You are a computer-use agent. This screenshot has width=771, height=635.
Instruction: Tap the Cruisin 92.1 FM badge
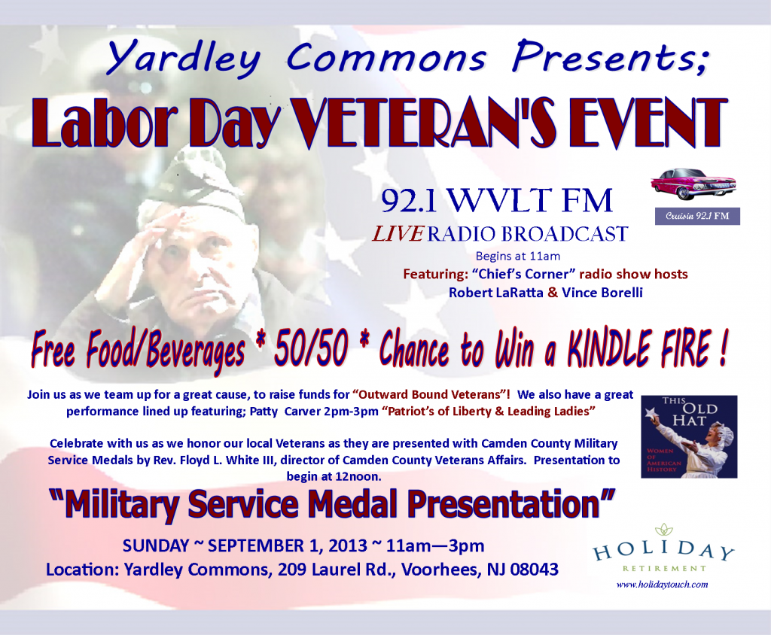pyautogui.click(x=696, y=217)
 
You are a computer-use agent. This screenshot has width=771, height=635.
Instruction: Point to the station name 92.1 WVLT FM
pyautogui.click(x=497, y=202)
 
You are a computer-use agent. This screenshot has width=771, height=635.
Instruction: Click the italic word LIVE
pyautogui.click(x=398, y=234)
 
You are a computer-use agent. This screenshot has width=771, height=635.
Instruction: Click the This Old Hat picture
pyautogui.click(x=689, y=436)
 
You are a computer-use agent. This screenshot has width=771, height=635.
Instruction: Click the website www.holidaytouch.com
pyautogui.click(x=662, y=585)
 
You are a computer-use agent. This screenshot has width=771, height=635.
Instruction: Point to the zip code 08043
pyautogui.click(x=532, y=570)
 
